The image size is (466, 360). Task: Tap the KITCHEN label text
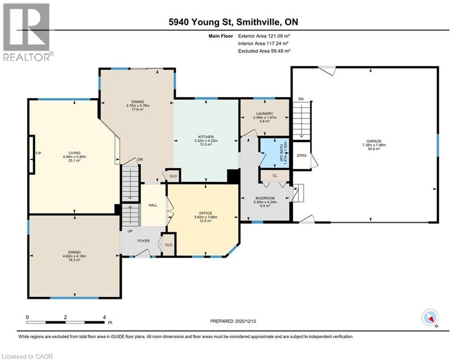click(206, 136)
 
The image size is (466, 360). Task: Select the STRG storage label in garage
click(302, 155)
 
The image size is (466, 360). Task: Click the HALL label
click(154, 205)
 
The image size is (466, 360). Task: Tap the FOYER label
click(143, 241)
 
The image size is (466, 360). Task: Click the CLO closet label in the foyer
click(168, 245)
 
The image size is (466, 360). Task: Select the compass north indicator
click(429, 318)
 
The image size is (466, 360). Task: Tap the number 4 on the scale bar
click(104, 317)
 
